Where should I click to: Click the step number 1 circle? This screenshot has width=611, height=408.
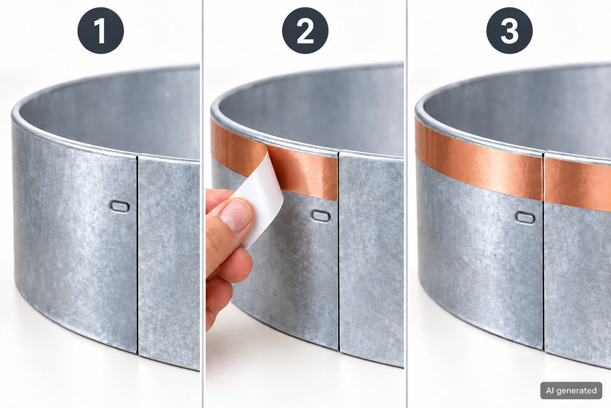[x=101, y=30]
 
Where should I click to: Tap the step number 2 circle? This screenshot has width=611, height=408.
[x=305, y=30]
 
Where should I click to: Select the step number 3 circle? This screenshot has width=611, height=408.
[x=510, y=30]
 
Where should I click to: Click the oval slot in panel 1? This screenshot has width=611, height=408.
[x=120, y=207]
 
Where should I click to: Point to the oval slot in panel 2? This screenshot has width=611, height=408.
[x=321, y=216]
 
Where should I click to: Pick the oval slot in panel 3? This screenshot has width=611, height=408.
[x=525, y=218]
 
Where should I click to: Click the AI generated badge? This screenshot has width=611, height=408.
[x=571, y=391]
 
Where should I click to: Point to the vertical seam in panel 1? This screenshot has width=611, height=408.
[x=137, y=254]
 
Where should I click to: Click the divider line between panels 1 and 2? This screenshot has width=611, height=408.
[x=203, y=204]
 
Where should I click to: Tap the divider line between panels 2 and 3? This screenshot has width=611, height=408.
[x=407, y=204]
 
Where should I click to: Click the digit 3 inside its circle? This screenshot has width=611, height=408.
[x=510, y=31]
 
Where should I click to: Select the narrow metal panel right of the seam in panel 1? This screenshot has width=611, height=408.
[x=169, y=262]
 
